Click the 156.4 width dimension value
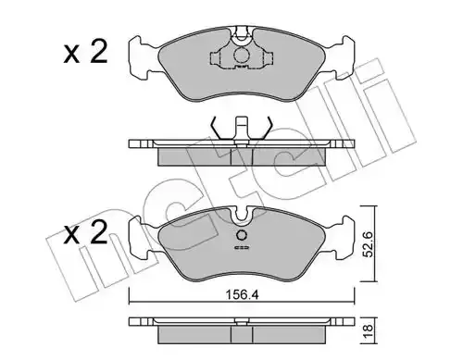[x=243, y=295]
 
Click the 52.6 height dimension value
[x=368, y=244]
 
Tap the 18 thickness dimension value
[x=368, y=331]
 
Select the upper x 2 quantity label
[x=85, y=53]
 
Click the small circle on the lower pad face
[x=242, y=236]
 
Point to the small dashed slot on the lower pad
[x=242, y=247]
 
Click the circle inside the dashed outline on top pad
[x=241, y=55]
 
